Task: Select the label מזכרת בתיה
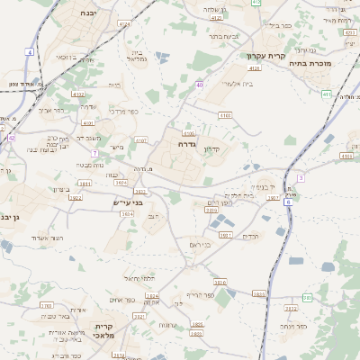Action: (x=312, y=64)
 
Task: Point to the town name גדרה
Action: (x=188, y=144)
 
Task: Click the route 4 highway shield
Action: (x=30, y=52)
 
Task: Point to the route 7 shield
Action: (x=94, y=153)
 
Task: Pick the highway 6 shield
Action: (x=288, y=202)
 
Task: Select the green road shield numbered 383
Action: (x=308, y=297)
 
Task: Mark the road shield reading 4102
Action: (x=78, y=94)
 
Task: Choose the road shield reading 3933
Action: (x=225, y=235)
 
